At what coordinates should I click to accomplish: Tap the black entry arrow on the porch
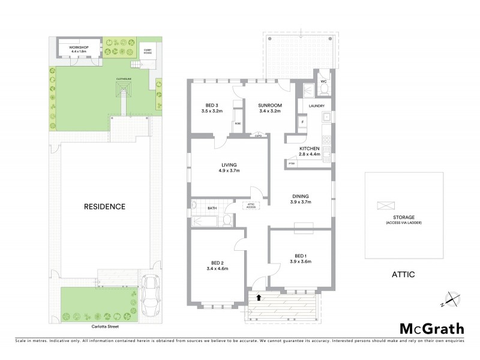click(259, 296)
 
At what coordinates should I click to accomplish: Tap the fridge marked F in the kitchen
click(303, 122)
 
